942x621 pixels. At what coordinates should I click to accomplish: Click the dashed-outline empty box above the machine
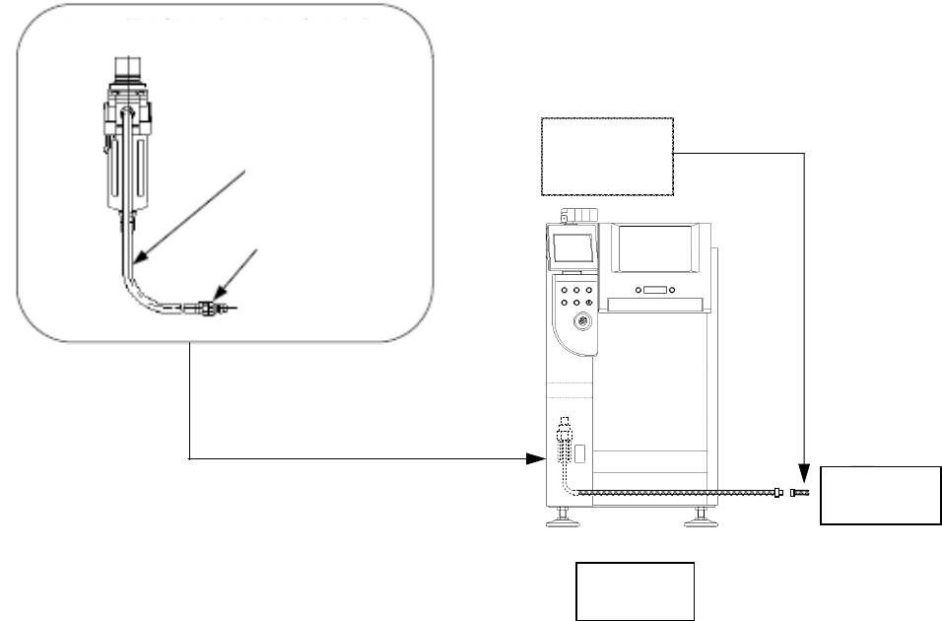(x=607, y=155)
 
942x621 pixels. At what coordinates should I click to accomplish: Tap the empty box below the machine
(x=636, y=590)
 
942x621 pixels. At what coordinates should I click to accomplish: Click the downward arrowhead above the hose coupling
(x=805, y=470)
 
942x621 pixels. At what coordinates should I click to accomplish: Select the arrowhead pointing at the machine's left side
(x=538, y=458)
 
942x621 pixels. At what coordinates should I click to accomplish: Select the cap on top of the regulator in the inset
(x=124, y=68)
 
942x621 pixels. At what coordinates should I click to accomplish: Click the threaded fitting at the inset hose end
(x=208, y=309)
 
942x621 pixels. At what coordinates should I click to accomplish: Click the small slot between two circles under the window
(x=654, y=291)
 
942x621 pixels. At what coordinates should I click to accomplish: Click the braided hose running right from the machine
(x=680, y=492)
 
